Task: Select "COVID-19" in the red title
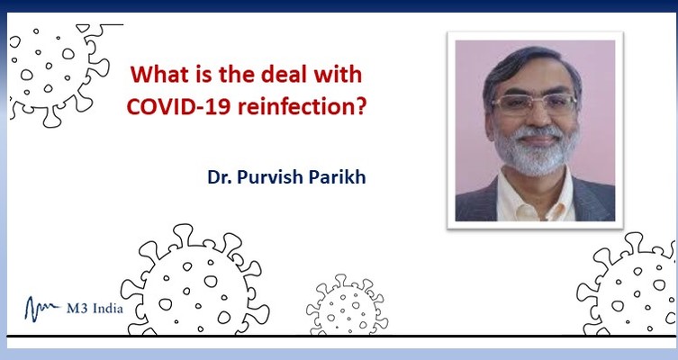[x=178, y=106]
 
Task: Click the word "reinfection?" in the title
[x=303, y=106]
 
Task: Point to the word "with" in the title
[x=338, y=75]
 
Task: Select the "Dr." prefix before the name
[x=220, y=177]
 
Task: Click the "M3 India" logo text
[x=95, y=309]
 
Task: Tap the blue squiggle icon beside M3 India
[x=42, y=309]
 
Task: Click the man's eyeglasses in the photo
[x=535, y=104]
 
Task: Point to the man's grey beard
[x=536, y=151]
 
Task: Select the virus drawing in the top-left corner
[x=60, y=75]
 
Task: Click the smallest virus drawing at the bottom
[x=347, y=305]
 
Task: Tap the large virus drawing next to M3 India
[x=194, y=282]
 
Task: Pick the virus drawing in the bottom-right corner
[x=627, y=284]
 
